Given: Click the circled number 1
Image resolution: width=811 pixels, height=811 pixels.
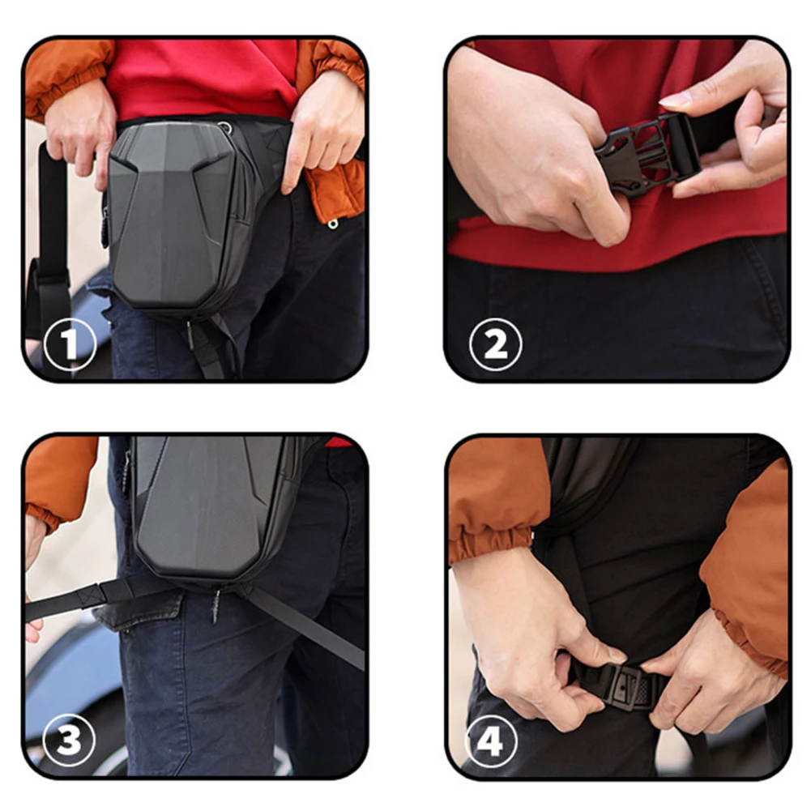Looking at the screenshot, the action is pos(70,344).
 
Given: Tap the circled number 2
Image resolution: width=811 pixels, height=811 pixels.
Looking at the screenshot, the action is pos(496,344).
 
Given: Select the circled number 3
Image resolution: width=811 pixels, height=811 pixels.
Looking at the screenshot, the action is pos(70,741).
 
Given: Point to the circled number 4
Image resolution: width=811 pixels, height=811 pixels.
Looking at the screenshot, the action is pos(491,741).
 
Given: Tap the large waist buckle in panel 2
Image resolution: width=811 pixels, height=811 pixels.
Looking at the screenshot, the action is pos(647,152).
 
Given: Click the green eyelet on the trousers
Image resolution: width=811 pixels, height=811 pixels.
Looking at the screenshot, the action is pos(333,224).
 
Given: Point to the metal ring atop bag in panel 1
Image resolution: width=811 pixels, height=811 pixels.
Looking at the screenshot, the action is pos(224,127).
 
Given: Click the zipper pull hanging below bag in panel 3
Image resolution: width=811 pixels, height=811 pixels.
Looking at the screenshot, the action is pos(216,606).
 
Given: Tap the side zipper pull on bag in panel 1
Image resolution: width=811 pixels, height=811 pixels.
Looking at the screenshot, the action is pos(105,228).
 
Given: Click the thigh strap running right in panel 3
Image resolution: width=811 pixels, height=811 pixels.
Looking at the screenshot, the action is pos(305,625).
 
